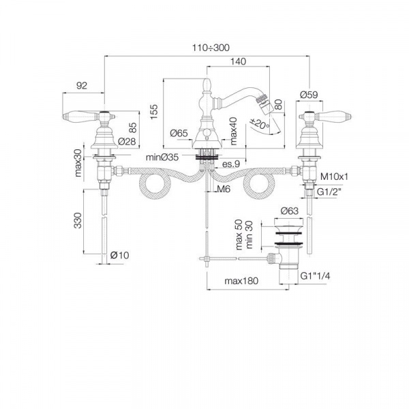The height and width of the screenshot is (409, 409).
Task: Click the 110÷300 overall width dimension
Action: (211, 48)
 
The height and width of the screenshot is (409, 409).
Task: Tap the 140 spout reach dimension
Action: (238, 61)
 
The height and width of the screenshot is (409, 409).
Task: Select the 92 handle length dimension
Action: (82, 86)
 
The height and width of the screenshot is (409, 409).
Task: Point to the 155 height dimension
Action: (154, 112)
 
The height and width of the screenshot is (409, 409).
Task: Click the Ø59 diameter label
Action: (309, 95)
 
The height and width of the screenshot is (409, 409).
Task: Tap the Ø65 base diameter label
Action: (179, 134)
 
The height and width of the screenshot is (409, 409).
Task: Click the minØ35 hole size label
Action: (162, 157)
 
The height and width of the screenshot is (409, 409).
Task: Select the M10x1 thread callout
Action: (334, 177)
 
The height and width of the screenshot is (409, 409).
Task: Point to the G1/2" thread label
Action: (329, 192)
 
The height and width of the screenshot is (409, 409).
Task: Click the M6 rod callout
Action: (224, 189)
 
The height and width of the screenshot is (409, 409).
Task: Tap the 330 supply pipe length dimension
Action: (78, 220)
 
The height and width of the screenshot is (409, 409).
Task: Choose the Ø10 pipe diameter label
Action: (119, 255)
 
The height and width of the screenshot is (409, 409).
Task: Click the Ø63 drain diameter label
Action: (290, 211)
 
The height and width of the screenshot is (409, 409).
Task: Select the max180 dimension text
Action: (241, 281)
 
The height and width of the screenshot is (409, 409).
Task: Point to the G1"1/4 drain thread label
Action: (315, 276)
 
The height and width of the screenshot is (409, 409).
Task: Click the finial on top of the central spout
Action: (207, 85)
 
